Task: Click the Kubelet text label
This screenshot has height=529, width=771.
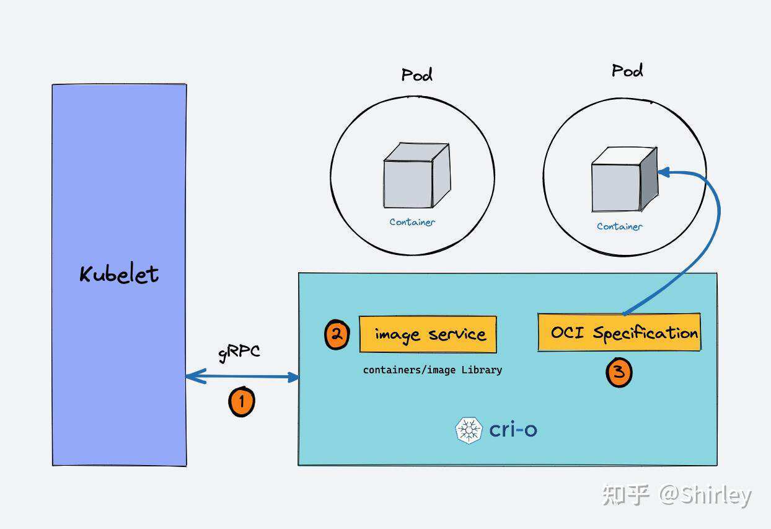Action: tap(119, 274)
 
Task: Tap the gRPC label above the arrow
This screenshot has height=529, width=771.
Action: tap(239, 352)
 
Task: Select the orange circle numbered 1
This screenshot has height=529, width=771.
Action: tap(241, 401)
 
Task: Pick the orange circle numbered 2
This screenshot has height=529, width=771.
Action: tap(337, 335)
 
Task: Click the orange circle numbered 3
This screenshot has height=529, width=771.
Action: tap(619, 373)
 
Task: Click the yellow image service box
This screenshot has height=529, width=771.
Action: tap(428, 335)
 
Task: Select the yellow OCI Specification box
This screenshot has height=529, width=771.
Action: tap(619, 333)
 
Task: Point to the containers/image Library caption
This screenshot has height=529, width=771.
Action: tap(433, 370)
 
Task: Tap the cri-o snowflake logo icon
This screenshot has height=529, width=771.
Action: tap(469, 430)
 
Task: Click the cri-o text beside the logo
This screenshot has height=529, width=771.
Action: tap(513, 429)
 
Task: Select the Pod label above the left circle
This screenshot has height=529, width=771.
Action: tap(416, 75)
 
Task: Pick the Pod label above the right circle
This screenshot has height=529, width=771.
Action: tap(627, 71)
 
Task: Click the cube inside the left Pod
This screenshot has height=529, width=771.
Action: tap(415, 176)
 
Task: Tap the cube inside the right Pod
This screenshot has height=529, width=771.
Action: tap(623, 179)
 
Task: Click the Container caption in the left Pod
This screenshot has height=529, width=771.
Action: tap(412, 222)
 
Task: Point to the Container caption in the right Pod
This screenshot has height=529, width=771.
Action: tap(619, 227)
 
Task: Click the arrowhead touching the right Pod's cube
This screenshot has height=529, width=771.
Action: tap(664, 172)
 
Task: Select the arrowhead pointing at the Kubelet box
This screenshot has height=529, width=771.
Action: tap(194, 376)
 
